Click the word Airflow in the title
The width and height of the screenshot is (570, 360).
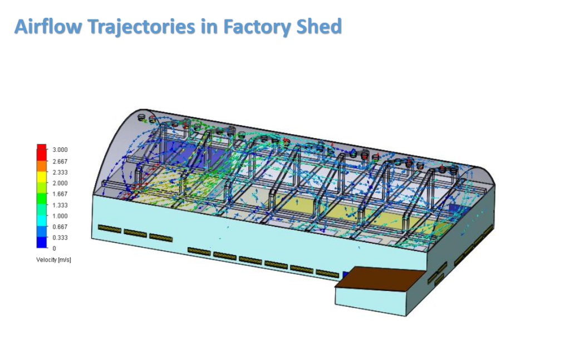(x=48, y=26)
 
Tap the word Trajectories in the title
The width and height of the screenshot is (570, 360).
(x=142, y=27)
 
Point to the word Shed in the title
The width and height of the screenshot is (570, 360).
(x=319, y=26)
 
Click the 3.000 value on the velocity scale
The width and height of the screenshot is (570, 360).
(x=60, y=150)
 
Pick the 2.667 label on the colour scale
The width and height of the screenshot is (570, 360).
(x=60, y=161)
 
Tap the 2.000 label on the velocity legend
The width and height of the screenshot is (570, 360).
(x=60, y=183)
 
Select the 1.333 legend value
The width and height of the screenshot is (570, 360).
(x=60, y=205)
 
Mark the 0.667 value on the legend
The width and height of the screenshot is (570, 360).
(x=60, y=226)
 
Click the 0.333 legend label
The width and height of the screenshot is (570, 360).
(x=60, y=238)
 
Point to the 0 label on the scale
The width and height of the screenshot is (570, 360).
(x=54, y=249)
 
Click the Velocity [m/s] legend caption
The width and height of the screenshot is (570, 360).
(x=53, y=260)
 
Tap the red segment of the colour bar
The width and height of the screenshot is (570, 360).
(x=42, y=152)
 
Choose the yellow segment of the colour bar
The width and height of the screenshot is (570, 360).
(x=42, y=177)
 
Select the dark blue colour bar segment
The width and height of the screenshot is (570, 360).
(x=42, y=242)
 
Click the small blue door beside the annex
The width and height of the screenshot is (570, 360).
(x=346, y=275)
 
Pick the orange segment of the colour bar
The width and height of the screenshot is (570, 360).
(x=42, y=166)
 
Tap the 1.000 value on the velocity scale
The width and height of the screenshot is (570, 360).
(x=60, y=216)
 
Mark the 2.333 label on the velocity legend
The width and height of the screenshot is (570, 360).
(x=60, y=172)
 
